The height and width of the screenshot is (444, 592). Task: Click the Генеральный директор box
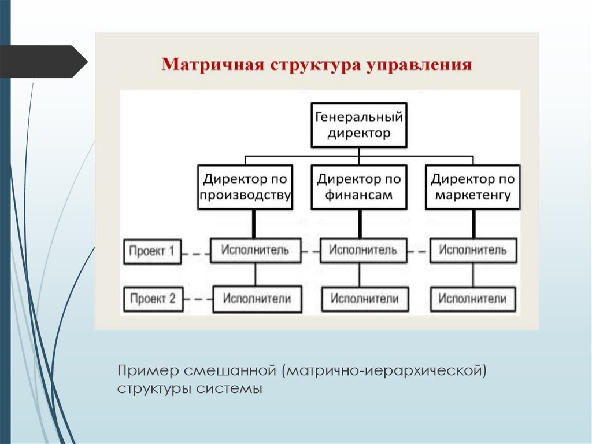[x=358, y=125]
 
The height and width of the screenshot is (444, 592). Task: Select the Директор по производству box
[x=245, y=187]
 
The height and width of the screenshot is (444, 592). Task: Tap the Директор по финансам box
[x=358, y=187]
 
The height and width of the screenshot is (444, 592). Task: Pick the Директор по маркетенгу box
[x=472, y=187]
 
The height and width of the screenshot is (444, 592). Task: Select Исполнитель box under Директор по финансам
[x=363, y=250]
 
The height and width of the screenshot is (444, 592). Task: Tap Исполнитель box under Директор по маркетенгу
[x=473, y=250]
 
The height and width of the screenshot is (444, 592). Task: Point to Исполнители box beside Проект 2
[x=257, y=299]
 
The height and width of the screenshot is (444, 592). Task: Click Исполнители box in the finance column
[x=364, y=299]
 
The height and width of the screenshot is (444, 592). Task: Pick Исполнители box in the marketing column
[x=473, y=299]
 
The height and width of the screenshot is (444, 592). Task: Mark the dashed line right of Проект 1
[x=195, y=252]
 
